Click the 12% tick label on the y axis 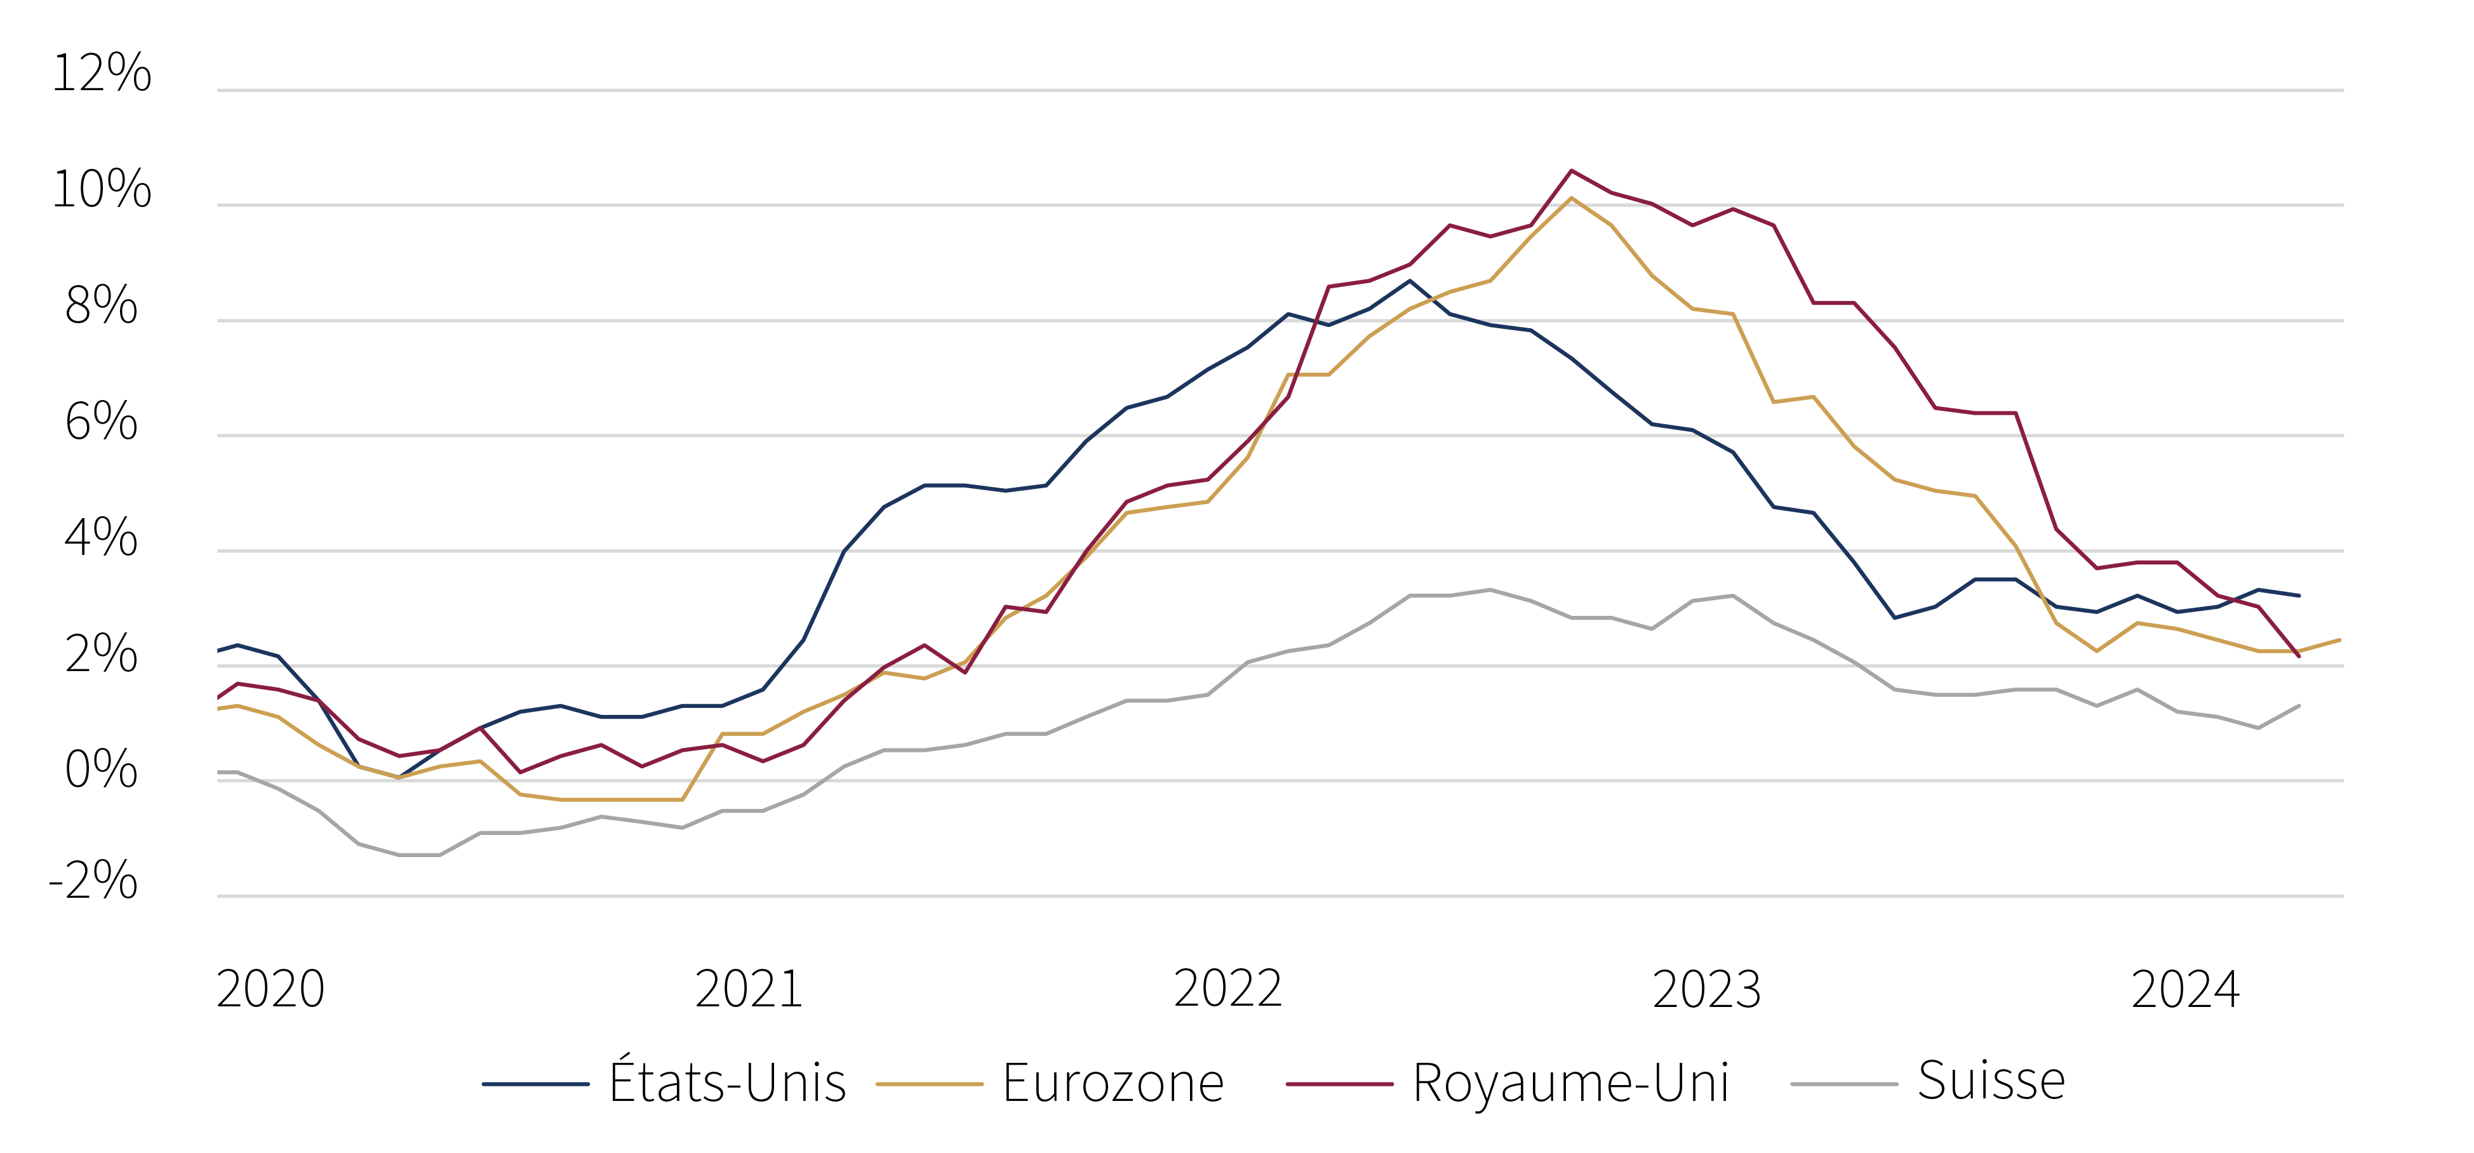102,73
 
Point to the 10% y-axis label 102,189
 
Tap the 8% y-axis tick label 101,305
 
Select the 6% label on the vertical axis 101,422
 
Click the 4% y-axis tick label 101,538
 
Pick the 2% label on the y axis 101,654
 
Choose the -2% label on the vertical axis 93,879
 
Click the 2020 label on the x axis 271,989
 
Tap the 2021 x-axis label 749,989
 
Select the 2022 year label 1228,989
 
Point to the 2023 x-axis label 1707,989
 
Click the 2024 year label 2186,989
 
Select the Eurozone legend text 1113,1083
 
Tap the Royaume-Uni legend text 1571,1084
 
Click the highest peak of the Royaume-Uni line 1571,171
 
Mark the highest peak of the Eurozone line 1571,199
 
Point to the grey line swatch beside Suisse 1845,1084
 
